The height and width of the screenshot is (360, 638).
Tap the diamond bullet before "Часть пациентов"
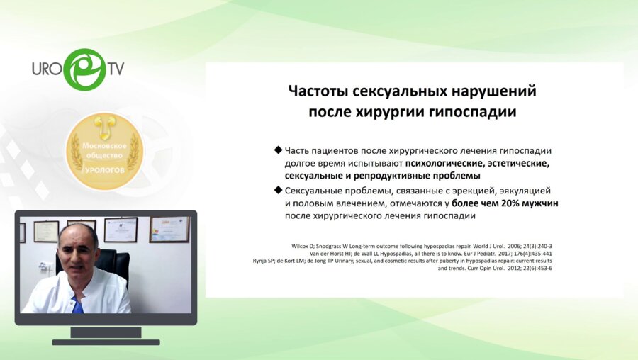[277, 151]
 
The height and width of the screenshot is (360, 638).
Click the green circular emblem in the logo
[84, 69]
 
